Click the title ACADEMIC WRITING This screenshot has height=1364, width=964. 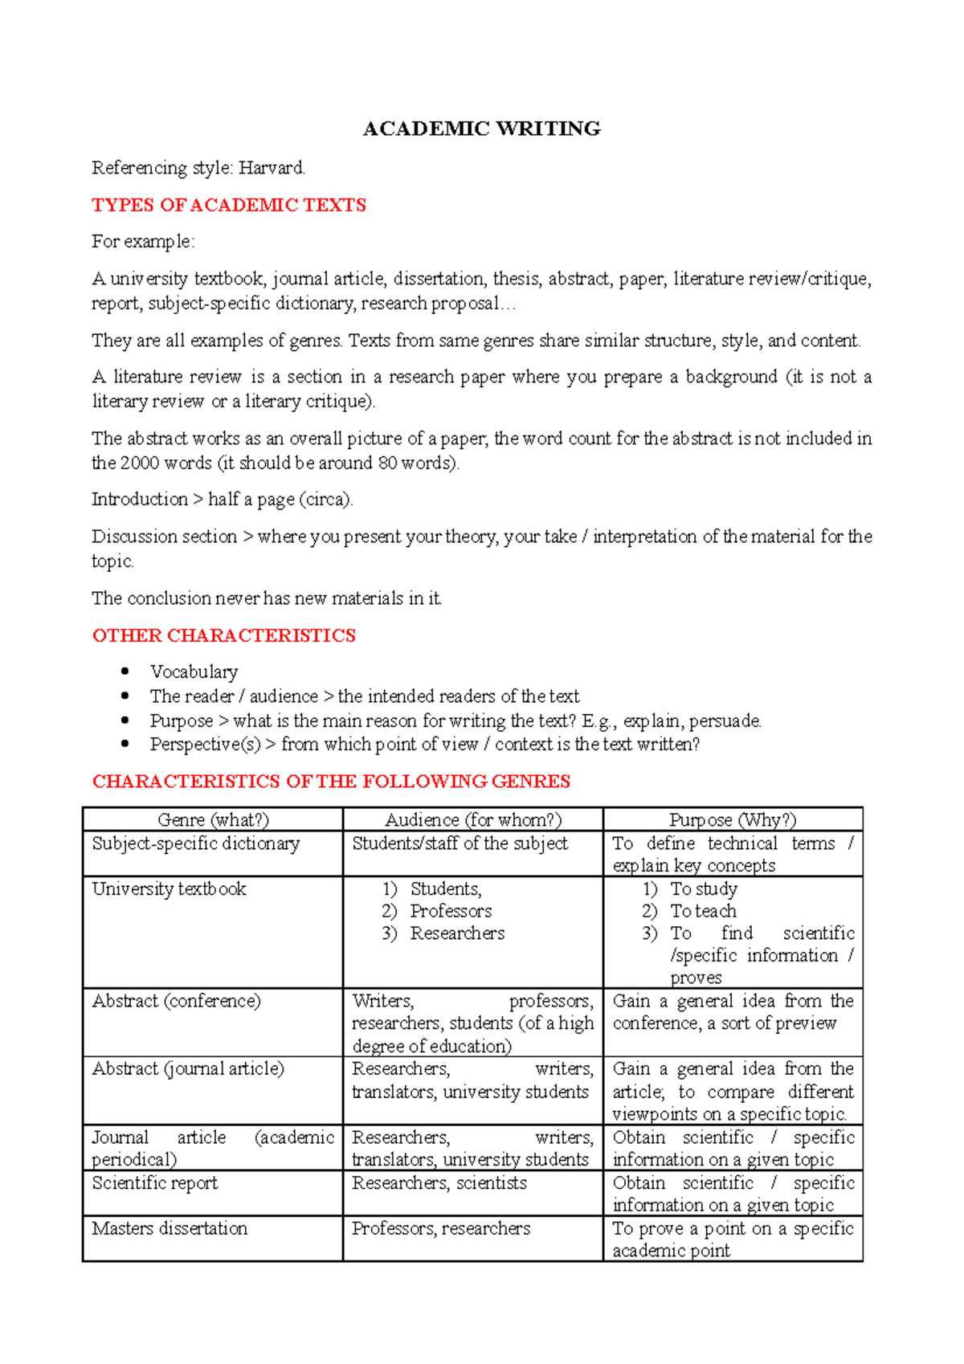(481, 129)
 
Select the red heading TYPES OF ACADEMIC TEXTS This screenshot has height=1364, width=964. (229, 205)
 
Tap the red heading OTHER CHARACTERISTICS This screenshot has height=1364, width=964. (223, 635)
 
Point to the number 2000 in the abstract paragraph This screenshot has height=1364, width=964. (141, 463)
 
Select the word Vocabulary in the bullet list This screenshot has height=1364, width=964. (194, 672)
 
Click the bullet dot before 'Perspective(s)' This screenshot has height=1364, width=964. (125, 744)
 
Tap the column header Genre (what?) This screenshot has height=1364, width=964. (213, 819)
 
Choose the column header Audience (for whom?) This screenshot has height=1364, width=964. (473, 819)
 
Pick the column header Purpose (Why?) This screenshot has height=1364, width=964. (733, 819)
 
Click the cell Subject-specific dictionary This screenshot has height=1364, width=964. (195, 843)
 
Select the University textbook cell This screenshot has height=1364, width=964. (169, 888)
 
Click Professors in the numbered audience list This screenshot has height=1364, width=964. (451, 911)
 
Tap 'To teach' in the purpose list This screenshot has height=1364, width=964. (703, 911)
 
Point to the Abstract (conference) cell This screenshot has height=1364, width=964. (176, 1001)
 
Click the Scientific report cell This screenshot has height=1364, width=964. (154, 1183)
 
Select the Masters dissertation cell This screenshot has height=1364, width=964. (170, 1228)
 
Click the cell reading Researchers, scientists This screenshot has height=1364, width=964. (439, 1183)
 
